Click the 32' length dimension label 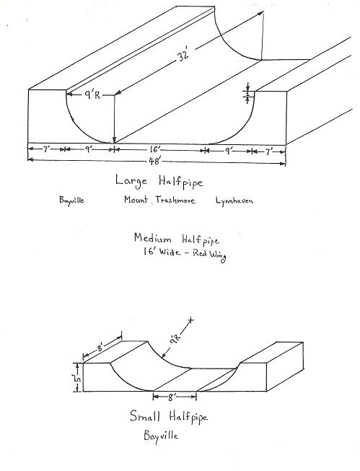click(x=183, y=55)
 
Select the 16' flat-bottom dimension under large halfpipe click(x=157, y=149)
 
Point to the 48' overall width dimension click(x=155, y=162)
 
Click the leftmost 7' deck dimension click(x=45, y=149)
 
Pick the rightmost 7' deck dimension click(x=268, y=151)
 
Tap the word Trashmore click(x=175, y=200)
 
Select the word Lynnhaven click(x=234, y=201)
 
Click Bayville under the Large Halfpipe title click(x=71, y=200)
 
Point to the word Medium click(x=153, y=239)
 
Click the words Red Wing click(x=209, y=255)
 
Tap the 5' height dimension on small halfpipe click(x=77, y=378)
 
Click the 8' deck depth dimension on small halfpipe click(x=100, y=348)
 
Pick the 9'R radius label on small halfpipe click(x=174, y=342)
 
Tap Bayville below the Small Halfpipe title click(x=161, y=436)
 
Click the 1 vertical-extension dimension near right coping click(x=247, y=94)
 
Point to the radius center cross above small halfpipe click(x=190, y=321)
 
